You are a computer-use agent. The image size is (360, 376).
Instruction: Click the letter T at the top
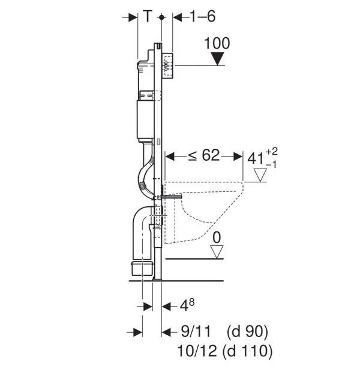click(148, 16)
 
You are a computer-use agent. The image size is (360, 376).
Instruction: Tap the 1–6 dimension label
click(203, 17)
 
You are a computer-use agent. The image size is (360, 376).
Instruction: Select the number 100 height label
click(217, 43)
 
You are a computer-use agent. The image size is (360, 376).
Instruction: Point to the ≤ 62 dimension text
click(204, 155)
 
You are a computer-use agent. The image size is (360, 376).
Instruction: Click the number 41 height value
click(256, 159)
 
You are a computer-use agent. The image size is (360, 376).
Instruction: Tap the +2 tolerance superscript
click(272, 151)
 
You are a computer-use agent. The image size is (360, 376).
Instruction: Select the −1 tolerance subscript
click(271, 164)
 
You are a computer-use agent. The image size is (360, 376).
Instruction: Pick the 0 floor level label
click(217, 237)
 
